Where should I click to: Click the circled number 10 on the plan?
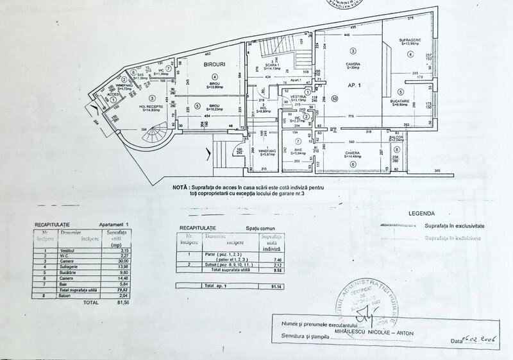(x=334, y=98)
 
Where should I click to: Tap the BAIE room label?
(x=299, y=150)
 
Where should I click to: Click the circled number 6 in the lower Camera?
(x=352, y=165)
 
